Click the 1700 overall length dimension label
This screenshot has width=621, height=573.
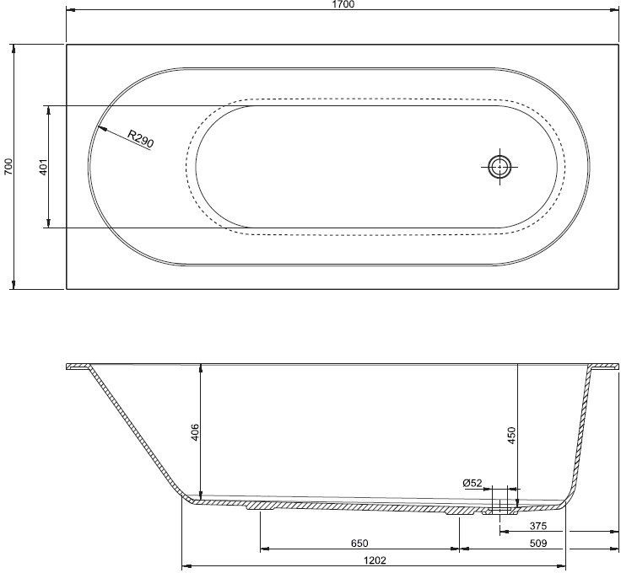(343, 4)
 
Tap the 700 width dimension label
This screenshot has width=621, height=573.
(8, 167)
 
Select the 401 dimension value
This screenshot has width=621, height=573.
(43, 167)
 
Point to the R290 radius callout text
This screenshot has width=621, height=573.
(141, 139)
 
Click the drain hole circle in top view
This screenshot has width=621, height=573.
(499, 167)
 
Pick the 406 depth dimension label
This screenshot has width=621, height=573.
(194, 432)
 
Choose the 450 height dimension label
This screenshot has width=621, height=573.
(511, 435)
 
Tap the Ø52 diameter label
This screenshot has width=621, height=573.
(472, 483)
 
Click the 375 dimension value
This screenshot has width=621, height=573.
(537, 526)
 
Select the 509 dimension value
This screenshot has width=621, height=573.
(537, 544)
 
